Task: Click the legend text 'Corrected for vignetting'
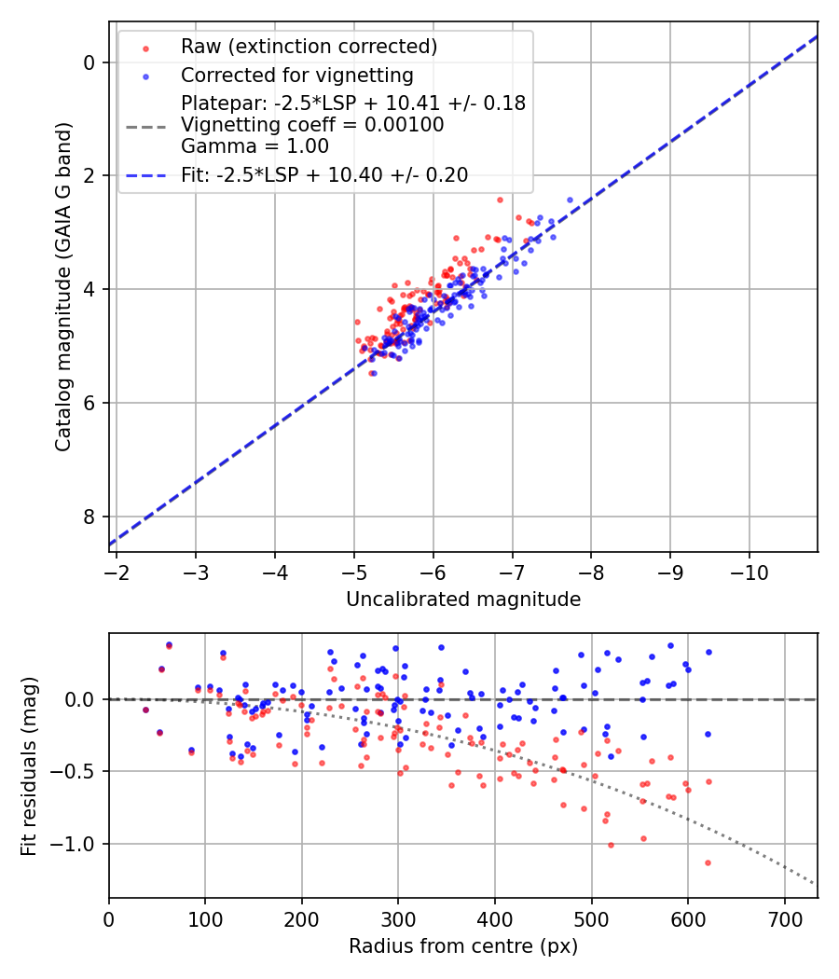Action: [x=296, y=75]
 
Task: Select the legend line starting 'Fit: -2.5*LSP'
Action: [x=324, y=174]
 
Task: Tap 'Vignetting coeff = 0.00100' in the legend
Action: [x=312, y=125]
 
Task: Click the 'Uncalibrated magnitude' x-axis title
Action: [x=463, y=600]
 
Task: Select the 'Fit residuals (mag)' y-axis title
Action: [x=29, y=765]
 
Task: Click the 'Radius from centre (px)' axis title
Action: [x=463, y=946]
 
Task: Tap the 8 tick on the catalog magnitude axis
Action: [x=89, y=517]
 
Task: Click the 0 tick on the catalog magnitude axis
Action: [x=89, y=62]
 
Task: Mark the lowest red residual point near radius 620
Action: [x=708, y=862]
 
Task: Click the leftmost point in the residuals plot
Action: [x=145, y=710]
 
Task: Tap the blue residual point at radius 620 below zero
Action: [x=708, y=734]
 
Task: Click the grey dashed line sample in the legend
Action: [x=145, y=125]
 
